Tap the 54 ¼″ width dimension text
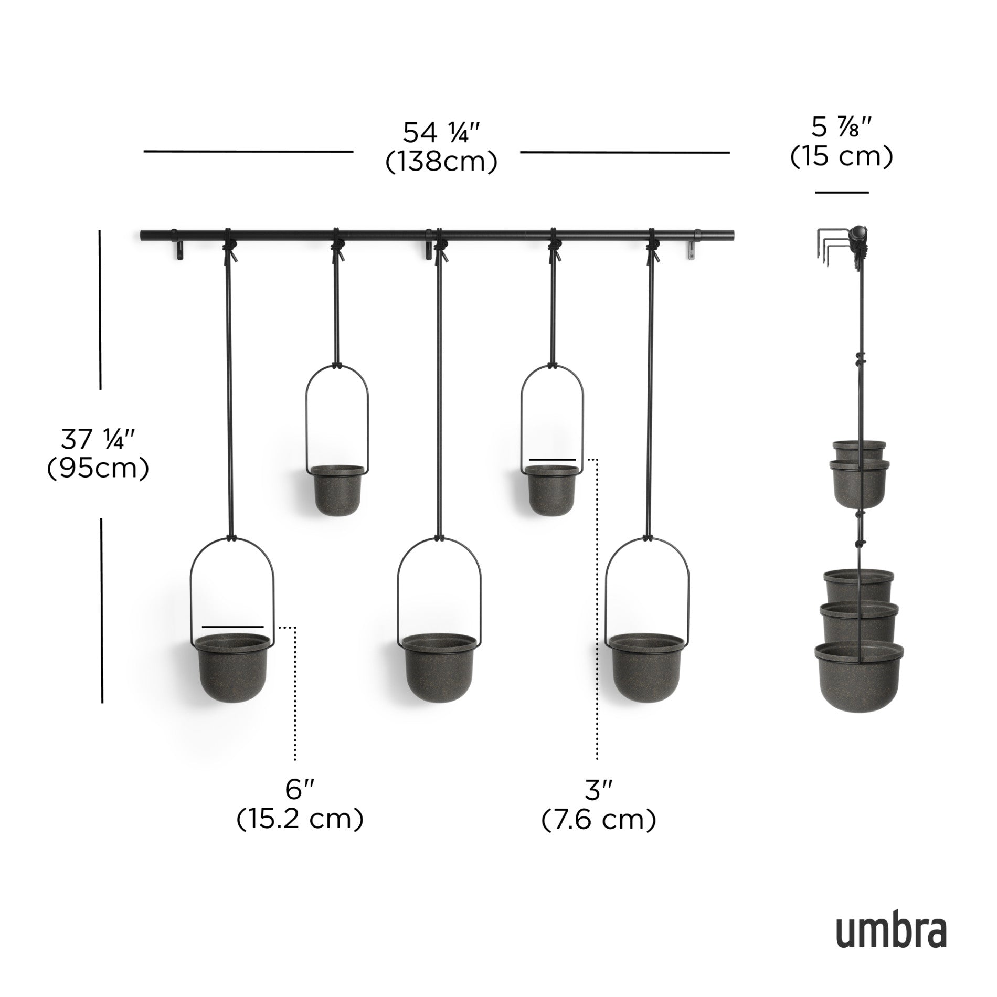click(x=441, y=133)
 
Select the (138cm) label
click(x=441, y=162)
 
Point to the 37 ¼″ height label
click(x=99, y=440)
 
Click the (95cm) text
click(x=99, y=469)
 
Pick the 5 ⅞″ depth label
click(x=841, y=128)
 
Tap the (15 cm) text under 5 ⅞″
click(x=841, y=156)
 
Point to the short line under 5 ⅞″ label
click(x=842, y=193)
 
